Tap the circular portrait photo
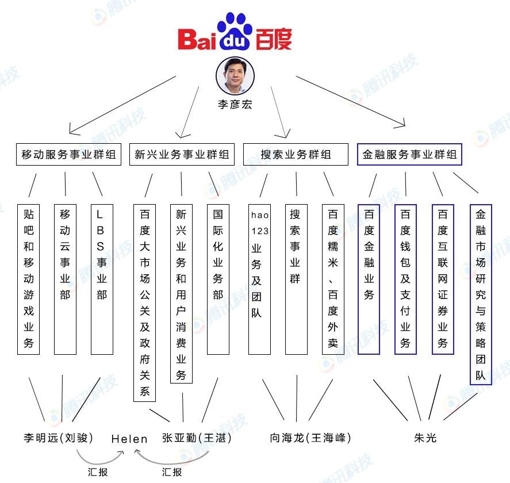click(235, 76)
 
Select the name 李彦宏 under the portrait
click(235, 104)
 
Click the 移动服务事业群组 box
click(68, 154)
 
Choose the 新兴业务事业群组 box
click(182, 154)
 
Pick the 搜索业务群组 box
click(296, 154)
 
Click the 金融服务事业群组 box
click(409, 154)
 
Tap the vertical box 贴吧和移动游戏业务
click(29, 279)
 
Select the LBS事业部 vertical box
click(102, 279)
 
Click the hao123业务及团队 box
click(259, 279)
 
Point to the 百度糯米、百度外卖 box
click(333, 279)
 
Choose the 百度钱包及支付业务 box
click(405, 279)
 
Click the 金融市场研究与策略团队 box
click(481, 294)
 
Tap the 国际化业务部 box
click(218, 279)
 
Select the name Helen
click(129, 439)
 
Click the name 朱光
click(425, 438)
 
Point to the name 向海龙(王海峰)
click(310, 438)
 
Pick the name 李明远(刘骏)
click(59, 438)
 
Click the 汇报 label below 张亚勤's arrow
click(172, 472)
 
